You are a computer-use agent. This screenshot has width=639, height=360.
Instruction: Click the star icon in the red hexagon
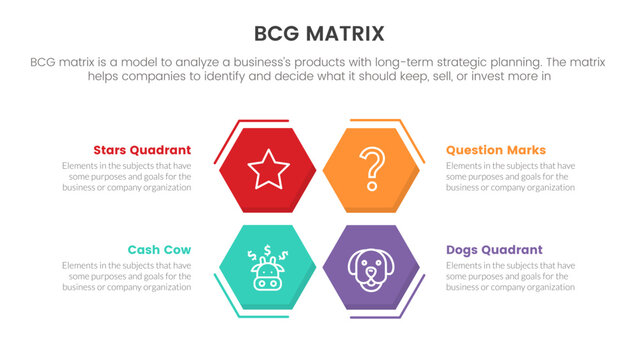pos(268,169)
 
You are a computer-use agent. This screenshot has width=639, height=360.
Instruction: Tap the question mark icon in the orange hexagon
pos(372,168)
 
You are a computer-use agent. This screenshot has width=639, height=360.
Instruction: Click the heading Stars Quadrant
pos(141,150)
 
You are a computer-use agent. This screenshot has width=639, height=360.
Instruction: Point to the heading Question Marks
pos(495,150)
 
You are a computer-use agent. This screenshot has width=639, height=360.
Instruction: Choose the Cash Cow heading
pos(159,249)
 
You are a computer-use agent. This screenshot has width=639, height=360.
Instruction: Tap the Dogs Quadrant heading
pos(494,249)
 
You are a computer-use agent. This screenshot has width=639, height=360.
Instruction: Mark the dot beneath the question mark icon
pos(371,186)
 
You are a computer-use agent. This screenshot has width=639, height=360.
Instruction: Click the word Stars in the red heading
pos(112,150)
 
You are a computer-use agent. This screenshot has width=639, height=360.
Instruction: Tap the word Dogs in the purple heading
pos(464,249)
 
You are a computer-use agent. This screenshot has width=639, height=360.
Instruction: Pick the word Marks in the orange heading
pos(526,150)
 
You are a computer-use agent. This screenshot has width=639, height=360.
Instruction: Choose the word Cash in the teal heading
pos(143,249)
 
